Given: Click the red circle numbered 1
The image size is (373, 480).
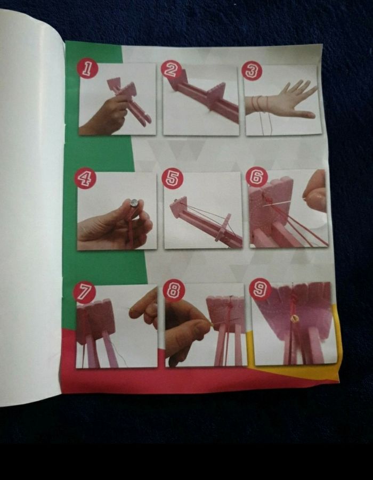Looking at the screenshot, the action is (x=87, y=69).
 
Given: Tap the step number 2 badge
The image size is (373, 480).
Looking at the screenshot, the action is (x=171, y=70).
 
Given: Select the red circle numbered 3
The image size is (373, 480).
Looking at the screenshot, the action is (x=252, y=71).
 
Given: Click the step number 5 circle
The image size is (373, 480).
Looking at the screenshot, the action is (x=173, y=179).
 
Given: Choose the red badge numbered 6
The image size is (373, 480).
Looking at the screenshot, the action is (x=257, y=177).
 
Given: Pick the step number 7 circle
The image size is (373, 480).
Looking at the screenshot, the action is (x=84, y=292).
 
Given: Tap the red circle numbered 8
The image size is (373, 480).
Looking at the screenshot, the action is (x=174, y=290).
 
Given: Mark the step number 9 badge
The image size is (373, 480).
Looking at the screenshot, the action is (x=261, y=289).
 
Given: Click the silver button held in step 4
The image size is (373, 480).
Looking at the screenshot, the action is (x=134, y=202).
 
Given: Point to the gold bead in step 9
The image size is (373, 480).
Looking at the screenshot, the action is (x=294, y=319).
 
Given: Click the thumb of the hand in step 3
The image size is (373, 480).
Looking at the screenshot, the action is (x=302, y=114).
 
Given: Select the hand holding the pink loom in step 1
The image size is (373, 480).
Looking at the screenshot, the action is (x=106, y=116).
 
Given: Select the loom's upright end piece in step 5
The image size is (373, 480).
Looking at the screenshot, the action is (x=178, y=206).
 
